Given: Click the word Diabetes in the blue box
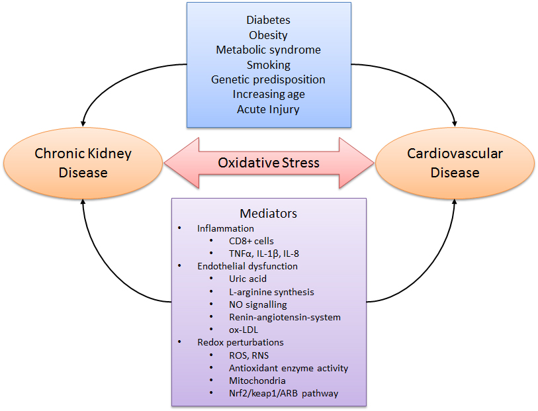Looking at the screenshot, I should [x=268, y=21].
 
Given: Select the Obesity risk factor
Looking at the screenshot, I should [x=268, y=36].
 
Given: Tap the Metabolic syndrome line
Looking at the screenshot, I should [x=268, y=50].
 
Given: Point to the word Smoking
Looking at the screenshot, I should [x=268, y=65].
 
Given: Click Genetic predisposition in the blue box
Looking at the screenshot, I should [x=268, y=79].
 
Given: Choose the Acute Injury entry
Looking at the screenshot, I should [x=268, y=109].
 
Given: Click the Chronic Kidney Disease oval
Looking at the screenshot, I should [x=83, y=163].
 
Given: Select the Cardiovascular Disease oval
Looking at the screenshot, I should [x=455, y=163].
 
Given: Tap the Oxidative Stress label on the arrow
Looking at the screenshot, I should [x=269, y=163].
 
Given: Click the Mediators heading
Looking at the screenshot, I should [x=268, y=214].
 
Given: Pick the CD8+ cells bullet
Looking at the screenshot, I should [x=251, y=241].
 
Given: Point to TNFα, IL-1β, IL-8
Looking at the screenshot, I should [x=264, y=253].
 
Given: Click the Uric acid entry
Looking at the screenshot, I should [x=247, y=279].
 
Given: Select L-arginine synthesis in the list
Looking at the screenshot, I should [x=271, y=292].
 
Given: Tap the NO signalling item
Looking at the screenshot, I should [x=257, y=304].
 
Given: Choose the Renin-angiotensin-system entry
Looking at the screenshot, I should [x=285, y=317].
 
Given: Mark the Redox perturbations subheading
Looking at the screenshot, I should [x=240, y=342].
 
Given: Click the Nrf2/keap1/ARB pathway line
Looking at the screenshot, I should [x=283, y=393].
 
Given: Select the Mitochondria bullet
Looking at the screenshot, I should [x=257, y=381].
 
